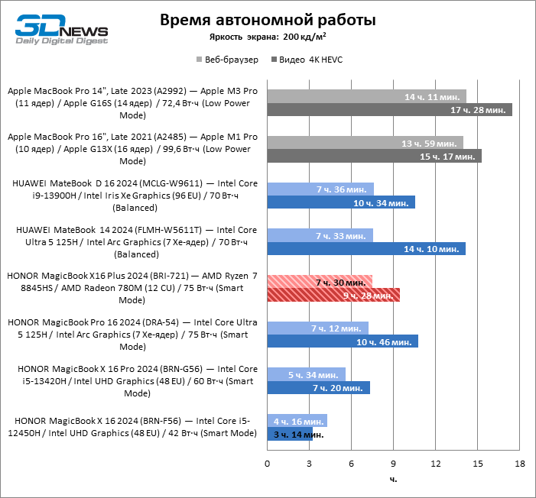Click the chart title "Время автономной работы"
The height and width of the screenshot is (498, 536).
[x=268, y=20]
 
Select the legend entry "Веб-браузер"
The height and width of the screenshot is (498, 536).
[x=227, y=59]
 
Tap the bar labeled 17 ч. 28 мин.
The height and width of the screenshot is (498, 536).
[x=389, y=110]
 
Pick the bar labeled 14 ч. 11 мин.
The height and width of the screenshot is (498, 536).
[x=366, y=96]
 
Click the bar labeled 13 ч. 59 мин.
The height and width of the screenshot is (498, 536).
[x=365, y=143]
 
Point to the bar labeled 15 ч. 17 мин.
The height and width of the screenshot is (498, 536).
[x=374, y=157]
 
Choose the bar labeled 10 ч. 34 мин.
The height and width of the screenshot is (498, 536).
[x=341, y=202]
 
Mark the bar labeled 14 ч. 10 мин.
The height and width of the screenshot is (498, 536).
[x=366, y=249]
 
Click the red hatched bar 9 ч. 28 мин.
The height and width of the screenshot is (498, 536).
[x=333, y=295]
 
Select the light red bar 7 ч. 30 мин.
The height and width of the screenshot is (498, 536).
[x=320, y=282]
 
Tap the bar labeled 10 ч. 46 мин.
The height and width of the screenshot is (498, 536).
[x=343, y=341]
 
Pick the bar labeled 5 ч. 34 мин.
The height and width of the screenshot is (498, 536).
[x=306, y=374]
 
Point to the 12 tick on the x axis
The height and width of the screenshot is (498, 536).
[x=436, y=464]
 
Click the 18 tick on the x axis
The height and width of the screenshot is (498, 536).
[x=519, y=464]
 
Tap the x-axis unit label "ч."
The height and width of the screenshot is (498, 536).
[x=393, y=480]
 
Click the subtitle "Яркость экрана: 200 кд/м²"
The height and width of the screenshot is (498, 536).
[x=268, y=36]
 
